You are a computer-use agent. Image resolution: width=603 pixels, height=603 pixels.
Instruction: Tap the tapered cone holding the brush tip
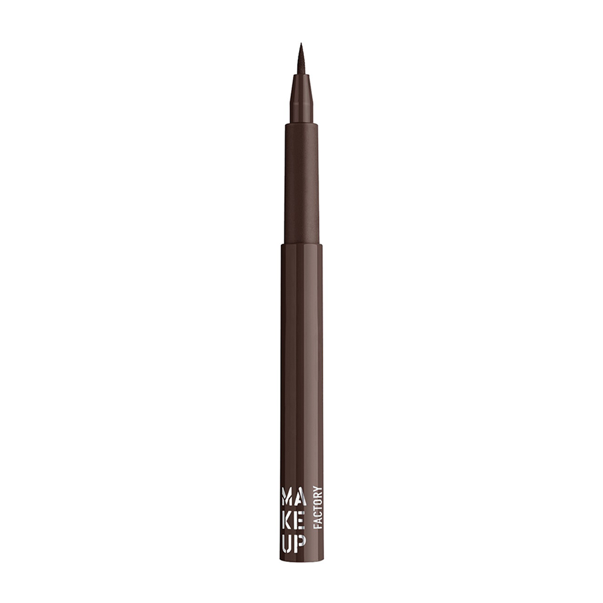(301, 99)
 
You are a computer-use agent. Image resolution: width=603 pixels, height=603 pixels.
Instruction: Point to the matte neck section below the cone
(301, 181)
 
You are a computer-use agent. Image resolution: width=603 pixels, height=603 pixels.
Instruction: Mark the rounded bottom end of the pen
(301, 558)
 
